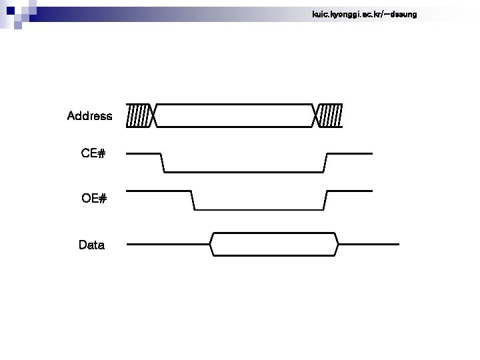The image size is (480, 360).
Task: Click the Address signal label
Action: pos(89,116)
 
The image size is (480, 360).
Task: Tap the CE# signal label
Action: pos(93,154)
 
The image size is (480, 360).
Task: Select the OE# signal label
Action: pos(94,199)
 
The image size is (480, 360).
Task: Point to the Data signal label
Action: pos(91,245)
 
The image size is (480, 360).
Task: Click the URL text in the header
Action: pos(364,14)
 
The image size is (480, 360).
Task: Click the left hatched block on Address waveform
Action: pos(139,115)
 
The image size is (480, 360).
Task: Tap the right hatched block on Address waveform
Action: pos(331,115)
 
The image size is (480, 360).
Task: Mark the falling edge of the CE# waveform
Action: pos(163,163)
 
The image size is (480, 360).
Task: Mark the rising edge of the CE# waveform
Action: pos(325,163)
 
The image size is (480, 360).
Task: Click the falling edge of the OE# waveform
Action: pos(193,200)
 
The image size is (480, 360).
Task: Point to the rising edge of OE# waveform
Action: pos(325,200)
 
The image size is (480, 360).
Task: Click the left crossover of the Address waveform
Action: pos(153,115)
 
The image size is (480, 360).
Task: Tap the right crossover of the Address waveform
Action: pos(317,115)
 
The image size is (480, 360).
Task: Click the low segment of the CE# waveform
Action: pos(244,172)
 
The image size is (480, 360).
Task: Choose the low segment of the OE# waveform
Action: pos(259,209)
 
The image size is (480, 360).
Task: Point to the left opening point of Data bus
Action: pos(210,245)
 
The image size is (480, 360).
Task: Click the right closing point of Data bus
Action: pos(339,245)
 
